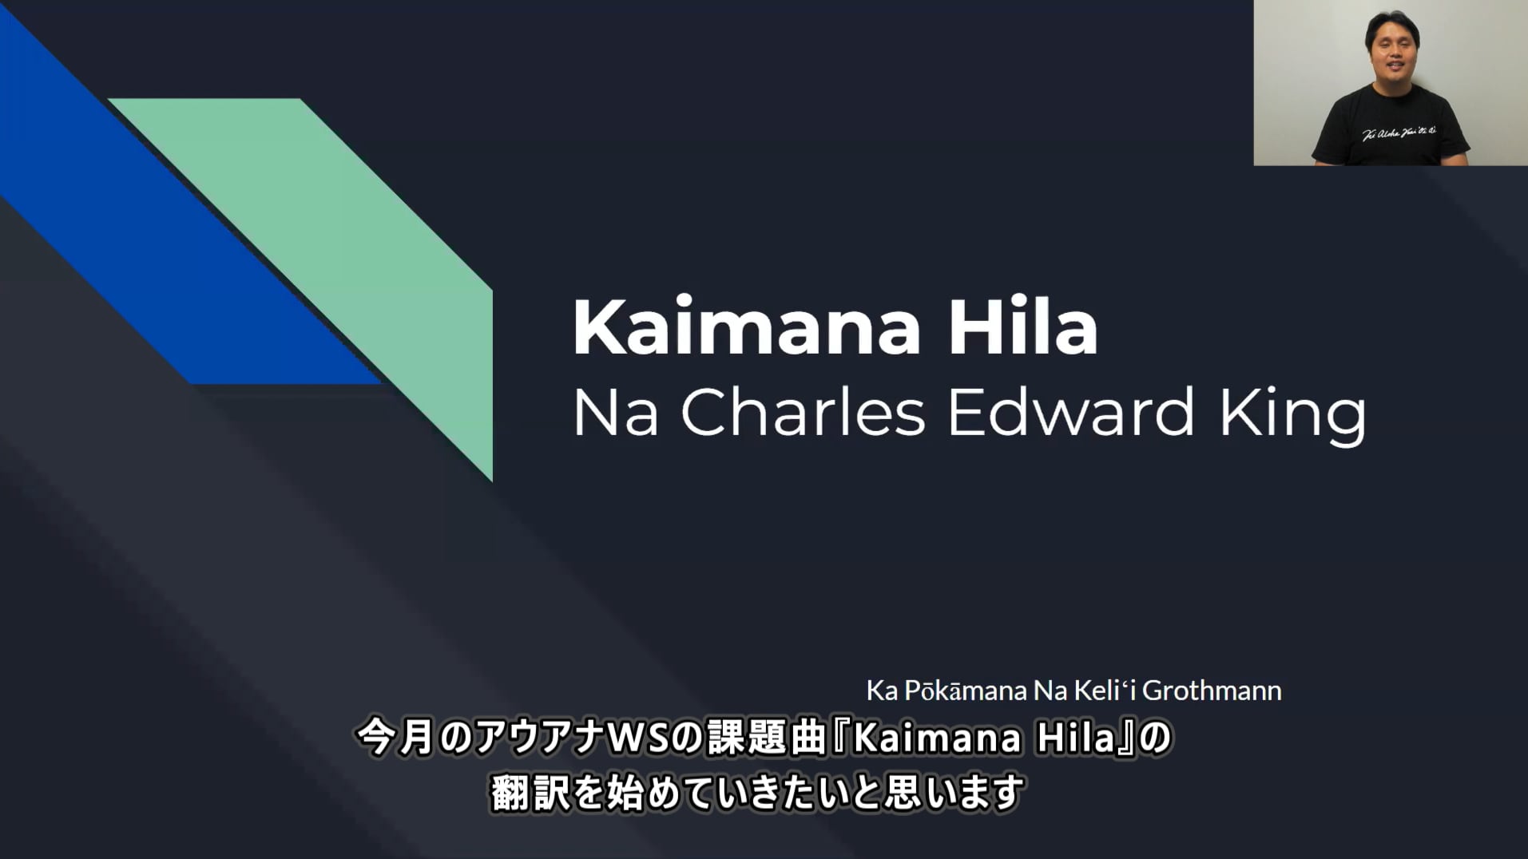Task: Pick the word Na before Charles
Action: click(615, 414)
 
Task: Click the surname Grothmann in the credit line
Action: click(1212, 691)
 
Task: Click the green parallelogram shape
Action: click(351, 263)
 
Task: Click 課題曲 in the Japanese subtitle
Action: click(765, 738)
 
